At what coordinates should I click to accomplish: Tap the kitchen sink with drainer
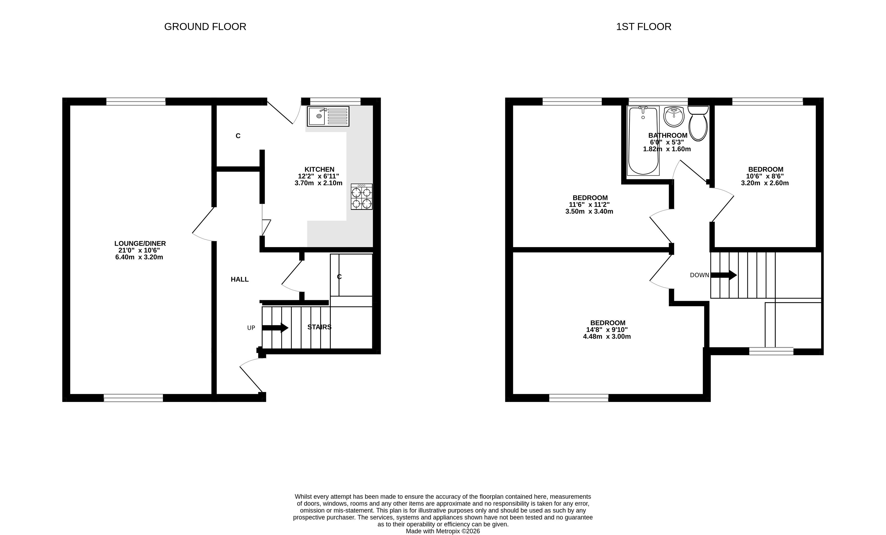[328, 116]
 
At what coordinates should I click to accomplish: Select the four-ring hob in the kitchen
[362, 196]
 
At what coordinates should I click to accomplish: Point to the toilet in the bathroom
[698, 123]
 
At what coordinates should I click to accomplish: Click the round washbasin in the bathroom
[674, 116]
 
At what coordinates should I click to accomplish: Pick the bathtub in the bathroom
[643, 140]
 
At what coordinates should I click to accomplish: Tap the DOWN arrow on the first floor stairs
[724, 275]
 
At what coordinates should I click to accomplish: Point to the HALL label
[240, 279]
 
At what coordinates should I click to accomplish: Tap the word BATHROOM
[668, 136]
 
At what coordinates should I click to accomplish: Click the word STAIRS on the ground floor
[319, 327]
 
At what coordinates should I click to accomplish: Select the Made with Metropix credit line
[443, 531]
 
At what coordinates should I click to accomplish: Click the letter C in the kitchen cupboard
[238, 136]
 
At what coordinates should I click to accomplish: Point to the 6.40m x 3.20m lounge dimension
[139, 257]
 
